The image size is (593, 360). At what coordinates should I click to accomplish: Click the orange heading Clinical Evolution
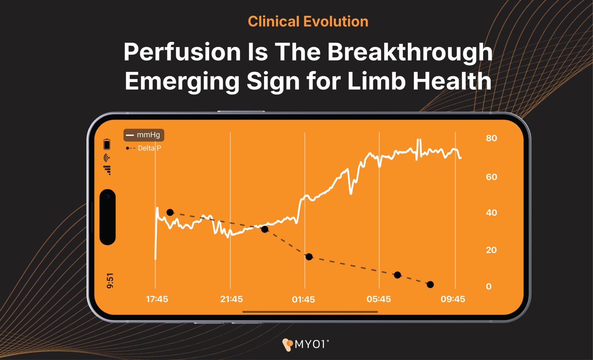pyautogui.click(x=308, y=22)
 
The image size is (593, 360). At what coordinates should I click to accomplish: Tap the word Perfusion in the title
pyautogui.click(x=182, y=52)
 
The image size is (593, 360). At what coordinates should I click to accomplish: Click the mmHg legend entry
pyautogui.click(x=144, y=135)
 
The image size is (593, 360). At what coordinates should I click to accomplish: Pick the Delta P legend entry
pyautogui.click(x=144, y=148)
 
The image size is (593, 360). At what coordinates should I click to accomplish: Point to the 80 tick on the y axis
pyautogui.click(x=491, y=138)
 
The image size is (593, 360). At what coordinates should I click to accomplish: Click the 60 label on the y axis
pyautogui.click(x=491, y=177)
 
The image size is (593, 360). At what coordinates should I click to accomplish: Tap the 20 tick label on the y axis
pyautogui.click(x=491, y=250)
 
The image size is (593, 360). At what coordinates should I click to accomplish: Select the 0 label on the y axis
pyautogui.click(x=489, y=286)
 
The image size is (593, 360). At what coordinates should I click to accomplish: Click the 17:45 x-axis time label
pyautogui.click(x=157, y=299)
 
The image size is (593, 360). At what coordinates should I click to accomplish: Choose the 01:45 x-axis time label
pyautogui.click(x=303, y=299)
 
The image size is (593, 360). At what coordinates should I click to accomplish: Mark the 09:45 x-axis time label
pyautogui.click(x=453, y=299)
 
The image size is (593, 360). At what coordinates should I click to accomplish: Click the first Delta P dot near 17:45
pyautogui.click(x=170, y=212)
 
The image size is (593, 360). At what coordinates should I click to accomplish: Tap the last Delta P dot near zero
pyautogui.click(x=430, y=284)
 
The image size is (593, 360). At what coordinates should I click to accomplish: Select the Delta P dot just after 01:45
pyautogui.click(x=309, y=257)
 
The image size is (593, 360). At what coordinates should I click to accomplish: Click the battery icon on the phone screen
pyautogui.click(x=107, y=144)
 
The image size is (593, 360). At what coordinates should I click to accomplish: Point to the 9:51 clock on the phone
pyautogui.click(x=110, y=281)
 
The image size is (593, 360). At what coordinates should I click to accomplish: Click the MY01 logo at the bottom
pyautogui.click(x=305, y=344)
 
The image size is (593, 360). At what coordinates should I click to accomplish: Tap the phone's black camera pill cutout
pyautogui.click(x=107, y=217)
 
